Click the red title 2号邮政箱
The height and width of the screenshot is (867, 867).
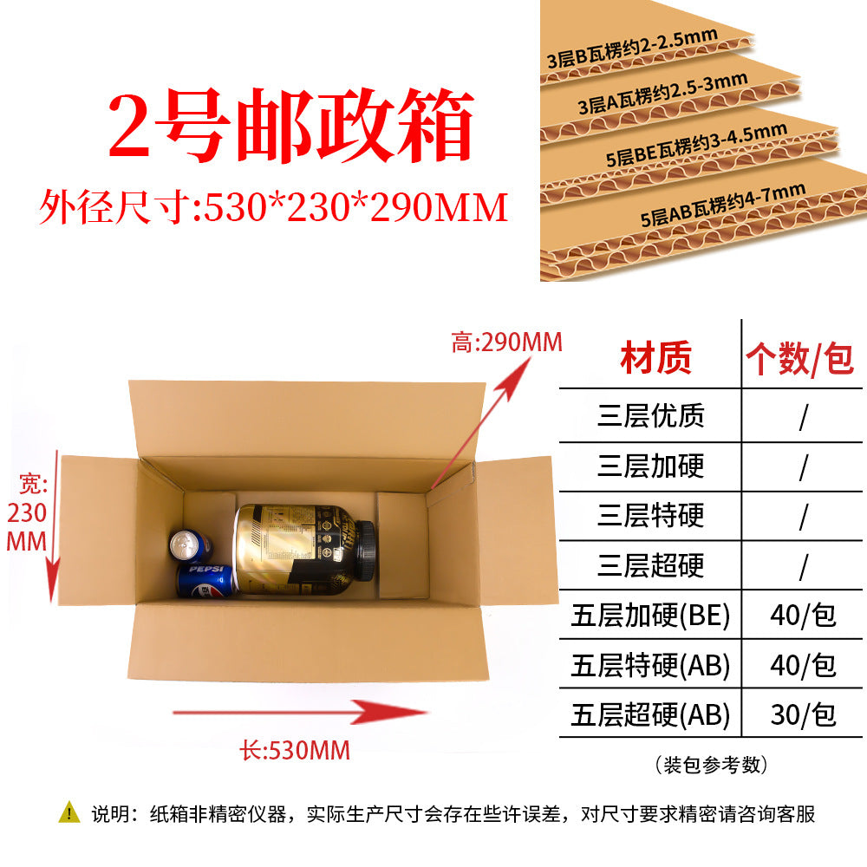click(x=290, y=126)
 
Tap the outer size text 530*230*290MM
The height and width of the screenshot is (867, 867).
click(x=355, y=208)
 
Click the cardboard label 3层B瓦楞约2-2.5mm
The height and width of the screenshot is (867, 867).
click(x=632, y=49)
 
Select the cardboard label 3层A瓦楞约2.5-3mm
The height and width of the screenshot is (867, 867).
click(x=662, y=94)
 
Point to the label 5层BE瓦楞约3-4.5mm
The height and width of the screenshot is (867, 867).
click(x=696, y=144)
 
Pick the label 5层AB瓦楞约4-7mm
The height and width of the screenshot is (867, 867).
click(x=723, y=204)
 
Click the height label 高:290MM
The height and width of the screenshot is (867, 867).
click(x=506, y=342)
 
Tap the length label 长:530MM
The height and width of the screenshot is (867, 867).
click(x=295, y=750)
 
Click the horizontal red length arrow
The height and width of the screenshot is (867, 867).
click(x=300, y=712)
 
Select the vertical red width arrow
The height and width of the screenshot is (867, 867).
click(x=54, y=526)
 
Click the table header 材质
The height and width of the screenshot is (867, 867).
click(x=655, y=358)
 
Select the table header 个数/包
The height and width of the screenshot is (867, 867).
click(x=800, y=359)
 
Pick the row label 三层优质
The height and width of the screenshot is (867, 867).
click(x=651, y=416)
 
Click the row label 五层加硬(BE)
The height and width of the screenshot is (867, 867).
click(x=651, y=616)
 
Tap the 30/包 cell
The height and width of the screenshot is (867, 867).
click(x=803, y=714)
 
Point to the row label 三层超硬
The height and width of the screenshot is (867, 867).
click(x=651, y=565)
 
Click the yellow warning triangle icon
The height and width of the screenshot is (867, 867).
click(x=69, y=812)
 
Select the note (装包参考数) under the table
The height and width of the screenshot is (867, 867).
click(x=711, y=766)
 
